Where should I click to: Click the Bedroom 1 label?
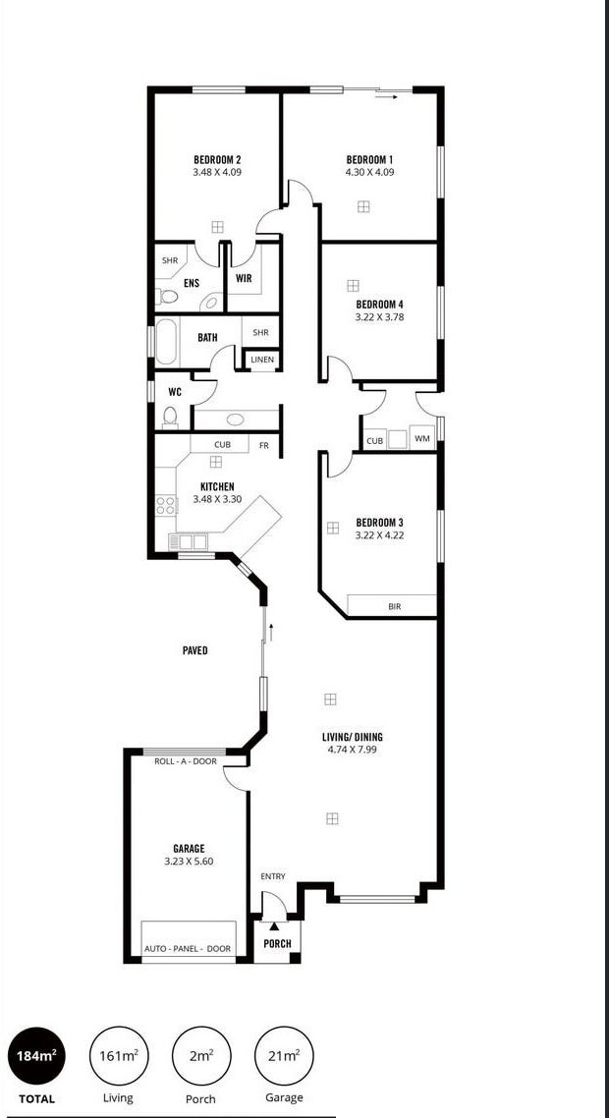coord(369,160)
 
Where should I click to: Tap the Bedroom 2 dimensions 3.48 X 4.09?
coord(217,172)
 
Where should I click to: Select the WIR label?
coord(244,278)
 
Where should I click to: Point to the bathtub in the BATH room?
coord(166,340)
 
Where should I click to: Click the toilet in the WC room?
coord(170,418)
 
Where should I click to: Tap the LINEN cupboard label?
coord(262,361)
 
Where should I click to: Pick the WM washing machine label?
coord(422,439)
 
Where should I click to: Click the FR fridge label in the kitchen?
coord(263,445)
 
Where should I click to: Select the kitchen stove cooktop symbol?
coord(166,507)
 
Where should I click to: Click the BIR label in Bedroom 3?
coord(395,607)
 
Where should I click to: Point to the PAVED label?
coord(194,650)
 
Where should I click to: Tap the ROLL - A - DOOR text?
coord(186,761)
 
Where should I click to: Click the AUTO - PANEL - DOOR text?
coord(188,948)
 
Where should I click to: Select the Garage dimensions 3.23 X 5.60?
coord(189,861)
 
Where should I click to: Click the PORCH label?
coord(277,944)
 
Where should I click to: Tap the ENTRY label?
coord(273,876)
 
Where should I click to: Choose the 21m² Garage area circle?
coord(283,1056)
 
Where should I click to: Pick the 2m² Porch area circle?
coord(200,1056)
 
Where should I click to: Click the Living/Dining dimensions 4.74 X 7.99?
coord(353,750)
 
